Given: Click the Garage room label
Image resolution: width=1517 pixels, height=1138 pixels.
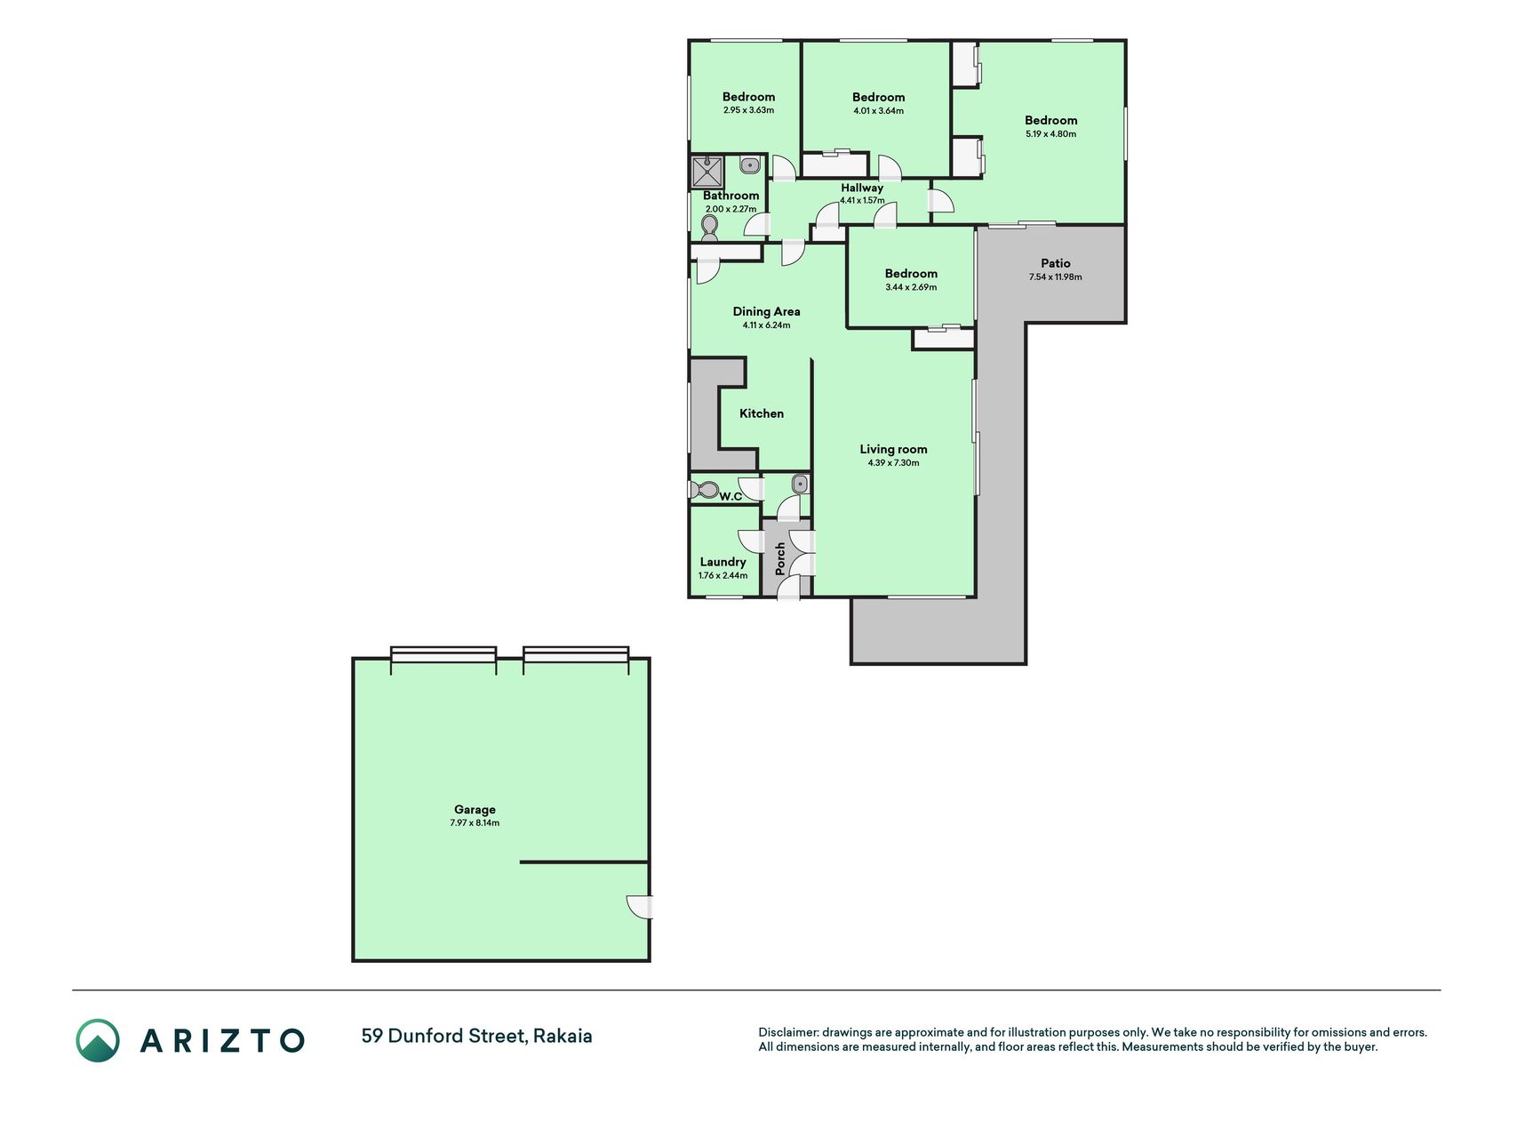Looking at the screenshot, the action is (x=475, y=809).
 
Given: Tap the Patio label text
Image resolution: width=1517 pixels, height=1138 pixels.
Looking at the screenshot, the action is (x=1056, y=263).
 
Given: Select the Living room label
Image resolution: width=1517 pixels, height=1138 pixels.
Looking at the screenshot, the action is (x=893, y=449).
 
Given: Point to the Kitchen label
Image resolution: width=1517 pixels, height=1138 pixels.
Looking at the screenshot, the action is (x=762, y=413).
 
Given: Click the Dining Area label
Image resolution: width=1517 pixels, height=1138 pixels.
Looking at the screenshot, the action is (x=766, y=311).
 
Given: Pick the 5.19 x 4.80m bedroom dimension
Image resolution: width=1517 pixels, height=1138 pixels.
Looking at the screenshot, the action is (x=1050, y=134).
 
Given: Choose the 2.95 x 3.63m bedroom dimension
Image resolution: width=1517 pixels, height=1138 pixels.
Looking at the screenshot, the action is (x=748, y=110).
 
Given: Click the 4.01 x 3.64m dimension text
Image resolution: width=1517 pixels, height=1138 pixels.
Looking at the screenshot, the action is (x=878, y=111).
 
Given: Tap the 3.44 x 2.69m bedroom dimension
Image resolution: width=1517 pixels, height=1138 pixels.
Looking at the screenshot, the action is (x=911, y=287).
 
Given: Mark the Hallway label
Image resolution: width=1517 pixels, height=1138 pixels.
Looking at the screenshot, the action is (x=862, y=188).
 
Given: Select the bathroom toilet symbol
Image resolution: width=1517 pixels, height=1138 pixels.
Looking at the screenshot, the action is (x=709, y=229).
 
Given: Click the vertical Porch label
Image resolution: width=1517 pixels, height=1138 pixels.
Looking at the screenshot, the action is (x=780, y=558).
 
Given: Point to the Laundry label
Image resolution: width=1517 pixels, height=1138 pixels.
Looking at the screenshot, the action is (x=723, y=562).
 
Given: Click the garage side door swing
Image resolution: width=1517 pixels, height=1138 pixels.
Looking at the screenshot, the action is (x=639, y=906).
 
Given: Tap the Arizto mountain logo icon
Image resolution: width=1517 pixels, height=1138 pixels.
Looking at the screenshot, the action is (x=98, y=1040).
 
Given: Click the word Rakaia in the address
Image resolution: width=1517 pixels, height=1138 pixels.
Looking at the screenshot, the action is (x=563, y=1036).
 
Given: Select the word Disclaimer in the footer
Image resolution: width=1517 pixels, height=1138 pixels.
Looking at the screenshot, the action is (x=787, y=1032).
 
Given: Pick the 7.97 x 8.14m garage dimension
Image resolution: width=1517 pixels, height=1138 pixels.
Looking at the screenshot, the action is (x=475, y=823).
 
